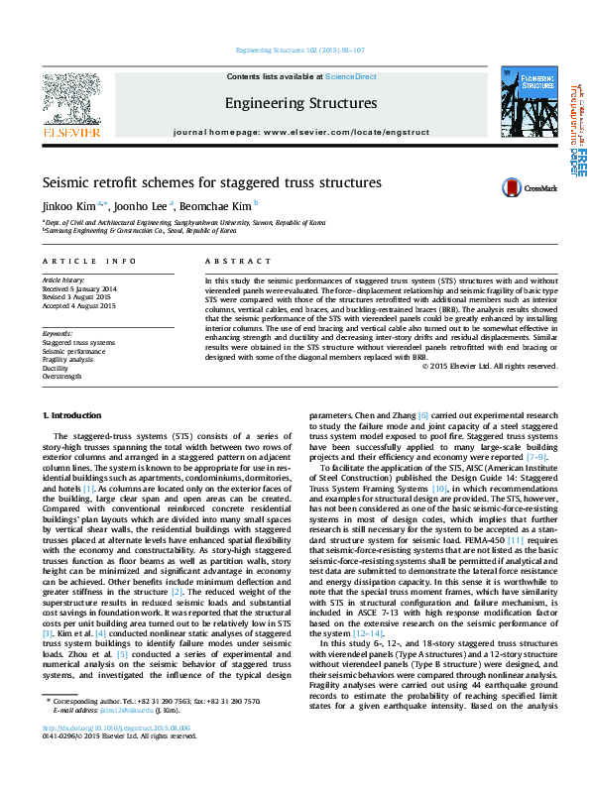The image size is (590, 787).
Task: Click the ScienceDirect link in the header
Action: pyautogui.click(x=351, y=76)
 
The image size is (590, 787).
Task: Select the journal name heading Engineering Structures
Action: pyautogui.click(x=300, y=103)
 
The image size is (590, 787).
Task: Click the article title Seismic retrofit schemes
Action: pyautogui.click(x=211, y=183)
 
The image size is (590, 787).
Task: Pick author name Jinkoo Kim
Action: pyautogui.click(x=68, y=206)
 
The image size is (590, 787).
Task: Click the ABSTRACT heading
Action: pyautogui.click(x=230, y=261)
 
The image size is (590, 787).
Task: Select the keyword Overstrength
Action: pyautogui.click(x=61, y=377)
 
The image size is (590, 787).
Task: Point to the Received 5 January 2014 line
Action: pyautogui.click(x=79, y=288)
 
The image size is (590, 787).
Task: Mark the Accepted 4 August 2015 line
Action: pyautogui.click(x=78, y=304)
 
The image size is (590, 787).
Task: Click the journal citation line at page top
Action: pyautogui.click(x=299, y=50)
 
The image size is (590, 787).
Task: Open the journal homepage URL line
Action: pyautogui.click(x=300, y=131)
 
